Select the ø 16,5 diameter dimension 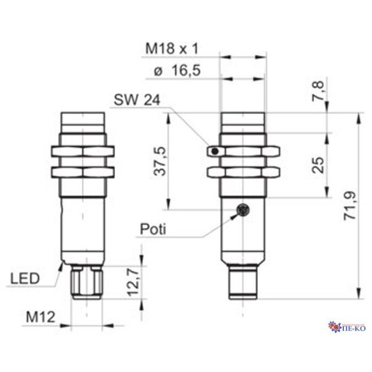click(x=176, y=71)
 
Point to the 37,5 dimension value click(x=158, y=160)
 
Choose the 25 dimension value click(x=318, y=164)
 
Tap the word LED click(x=25, y=279)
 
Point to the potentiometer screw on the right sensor click(x=242, y=209)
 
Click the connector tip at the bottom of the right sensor click(x=243, y=285)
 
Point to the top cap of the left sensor click(x=82, y=118)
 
